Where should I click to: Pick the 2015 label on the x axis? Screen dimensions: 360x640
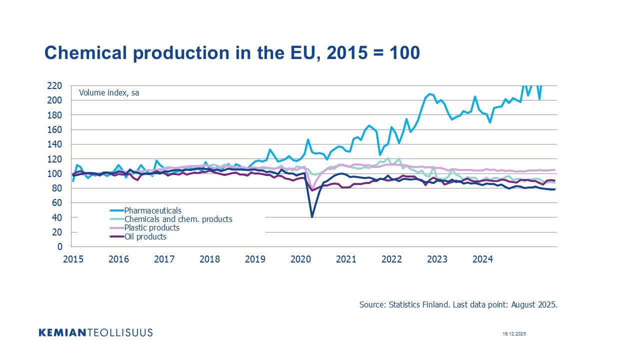[x=72, y=259]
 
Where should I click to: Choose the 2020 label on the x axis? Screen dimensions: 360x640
[x=301, y=259]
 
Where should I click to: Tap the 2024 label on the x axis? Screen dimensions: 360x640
[x=483, y=259]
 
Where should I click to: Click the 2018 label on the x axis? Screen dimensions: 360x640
[x=209, y=259]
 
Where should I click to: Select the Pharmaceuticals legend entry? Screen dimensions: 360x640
[x=152, y=210]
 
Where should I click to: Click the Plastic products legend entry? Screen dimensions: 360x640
[x=151, y=228]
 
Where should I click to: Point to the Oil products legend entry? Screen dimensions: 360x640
[x=145, y=237]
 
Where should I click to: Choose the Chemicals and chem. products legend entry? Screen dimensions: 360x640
[x=178, y=219]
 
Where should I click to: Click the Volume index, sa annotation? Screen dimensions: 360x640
[x=109, y=93]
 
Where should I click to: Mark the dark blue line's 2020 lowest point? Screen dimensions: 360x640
[x=312, y=217]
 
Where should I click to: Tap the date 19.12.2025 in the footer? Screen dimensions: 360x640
[x=514, y=333]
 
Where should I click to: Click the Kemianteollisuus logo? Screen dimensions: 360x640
[x=95, y=332]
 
